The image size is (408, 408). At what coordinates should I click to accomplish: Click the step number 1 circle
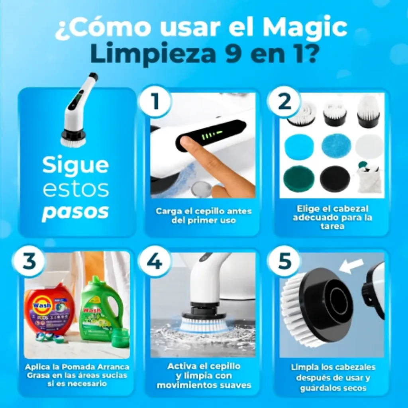(x=155, y=101)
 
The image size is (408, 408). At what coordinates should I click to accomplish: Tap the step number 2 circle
(x=284, y=101)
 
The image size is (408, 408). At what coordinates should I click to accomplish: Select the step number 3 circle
(x=29, y=261)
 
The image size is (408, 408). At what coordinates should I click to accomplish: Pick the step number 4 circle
(x=155, y=261)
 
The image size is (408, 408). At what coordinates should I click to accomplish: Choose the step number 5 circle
(x=284, y=261)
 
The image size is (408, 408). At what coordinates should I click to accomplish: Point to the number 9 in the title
(x=235, y=53)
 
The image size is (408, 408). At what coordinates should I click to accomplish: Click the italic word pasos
(x=75, y=212)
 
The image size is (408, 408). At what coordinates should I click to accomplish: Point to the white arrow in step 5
(x=351, y=267)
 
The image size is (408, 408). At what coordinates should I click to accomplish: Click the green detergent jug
(x=100, y=309)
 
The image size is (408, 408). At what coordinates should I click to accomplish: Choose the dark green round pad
(x=299, y=180)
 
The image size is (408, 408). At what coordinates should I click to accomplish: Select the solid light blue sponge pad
(x=299, y=146)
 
